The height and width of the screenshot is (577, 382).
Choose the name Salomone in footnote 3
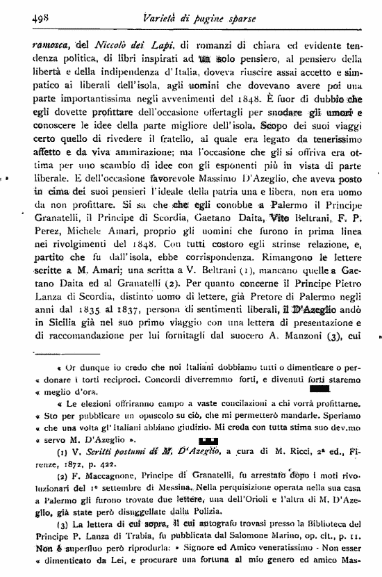point(266,545)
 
